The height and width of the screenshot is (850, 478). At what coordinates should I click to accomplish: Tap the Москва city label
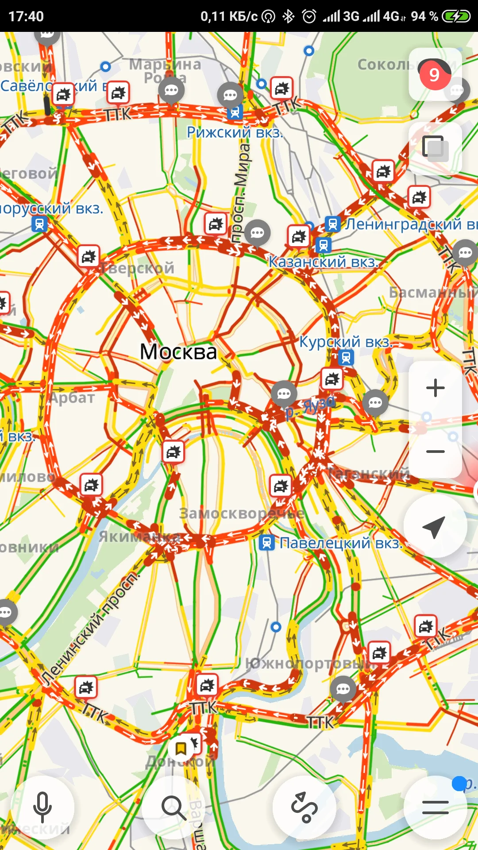[x=178, y=352]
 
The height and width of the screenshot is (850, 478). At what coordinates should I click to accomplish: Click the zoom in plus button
[x=435, y=388]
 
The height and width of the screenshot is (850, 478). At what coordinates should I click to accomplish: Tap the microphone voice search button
[x=42, y=807]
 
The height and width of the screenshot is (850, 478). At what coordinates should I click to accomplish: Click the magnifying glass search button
[x=173, y=807]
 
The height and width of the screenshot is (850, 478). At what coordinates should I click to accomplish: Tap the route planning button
[x=304, y=807]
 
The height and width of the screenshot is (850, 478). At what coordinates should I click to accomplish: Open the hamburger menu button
[x=435, y=807]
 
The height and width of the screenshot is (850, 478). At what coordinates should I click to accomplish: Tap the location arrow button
[x=435, y=526]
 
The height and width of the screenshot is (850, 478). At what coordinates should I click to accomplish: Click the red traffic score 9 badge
[x=434, y=75]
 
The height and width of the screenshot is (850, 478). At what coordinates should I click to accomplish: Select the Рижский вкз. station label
[x=235, y=132]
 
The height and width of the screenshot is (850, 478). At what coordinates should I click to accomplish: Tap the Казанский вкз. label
[x=324, y=262]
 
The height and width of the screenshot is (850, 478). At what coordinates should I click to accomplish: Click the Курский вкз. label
[x=346, y=342]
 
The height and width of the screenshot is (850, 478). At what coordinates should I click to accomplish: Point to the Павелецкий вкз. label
[x=341, y=543]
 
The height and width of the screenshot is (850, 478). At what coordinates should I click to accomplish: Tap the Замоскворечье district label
[x=242, y=514]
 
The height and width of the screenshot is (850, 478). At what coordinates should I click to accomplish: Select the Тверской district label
[x=137, y=268]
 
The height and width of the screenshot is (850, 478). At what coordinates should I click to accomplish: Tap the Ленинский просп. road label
[x=91, y=629]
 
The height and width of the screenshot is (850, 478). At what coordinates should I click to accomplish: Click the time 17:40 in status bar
[x=26, y=16]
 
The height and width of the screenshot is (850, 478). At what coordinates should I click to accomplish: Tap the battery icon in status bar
[x=456, y=16]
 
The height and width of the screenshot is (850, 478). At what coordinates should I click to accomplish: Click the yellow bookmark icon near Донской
[x=181, y=748]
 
